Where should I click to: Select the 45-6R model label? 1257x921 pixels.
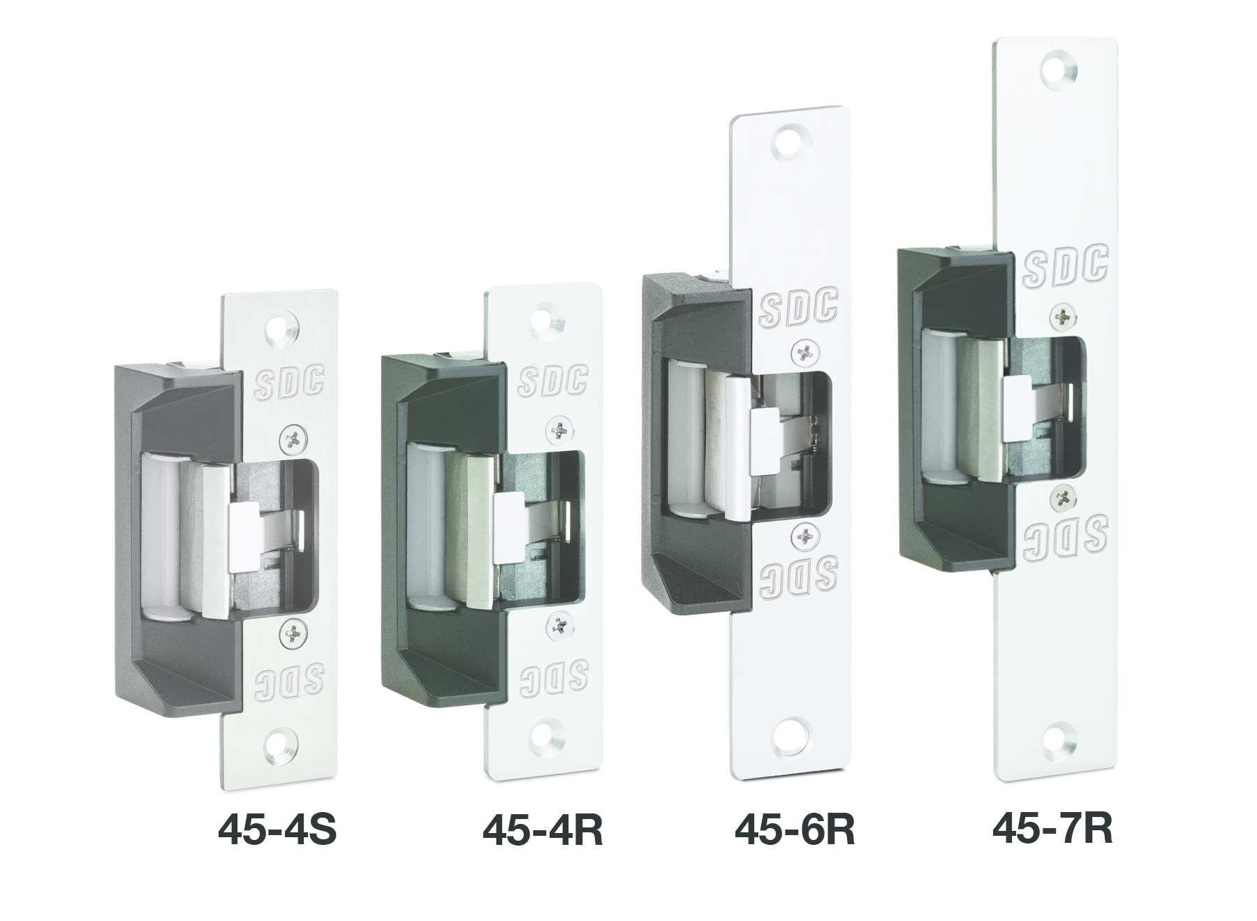point(795,830)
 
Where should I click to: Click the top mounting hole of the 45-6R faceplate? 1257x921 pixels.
point(791,140)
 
